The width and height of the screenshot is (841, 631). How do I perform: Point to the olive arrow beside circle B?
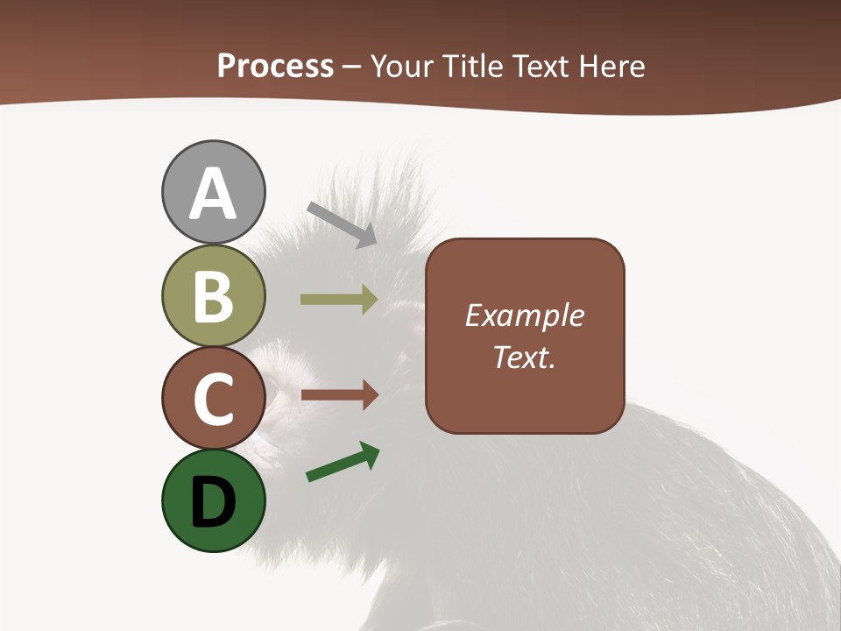pos(339,300)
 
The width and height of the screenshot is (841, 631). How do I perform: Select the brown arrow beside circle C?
pos(339,395)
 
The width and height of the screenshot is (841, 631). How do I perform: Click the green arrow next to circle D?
pos(343,463)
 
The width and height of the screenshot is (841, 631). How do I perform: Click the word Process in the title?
pos(275,66)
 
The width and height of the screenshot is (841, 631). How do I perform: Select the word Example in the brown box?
pos(524,315)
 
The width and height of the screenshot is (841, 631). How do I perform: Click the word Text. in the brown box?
pos(524,357)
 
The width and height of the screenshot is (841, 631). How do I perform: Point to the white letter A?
pos(214,194)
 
